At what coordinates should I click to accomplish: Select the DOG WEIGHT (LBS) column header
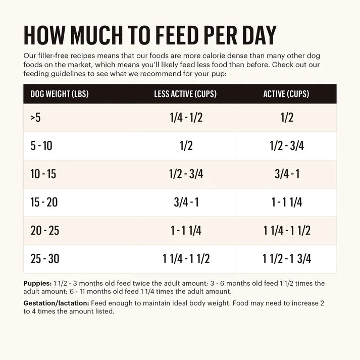[60, 94]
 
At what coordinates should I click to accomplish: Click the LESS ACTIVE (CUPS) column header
[186, 94]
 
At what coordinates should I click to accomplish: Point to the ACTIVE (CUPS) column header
[286, 94]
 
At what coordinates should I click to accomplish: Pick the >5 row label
[36, 118]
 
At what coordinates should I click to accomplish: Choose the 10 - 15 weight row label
[43, 174]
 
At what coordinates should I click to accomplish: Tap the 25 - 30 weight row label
[44, 259]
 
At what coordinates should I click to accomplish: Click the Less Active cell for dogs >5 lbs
[186, 118]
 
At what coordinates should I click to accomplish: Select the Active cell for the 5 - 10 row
[286, 146]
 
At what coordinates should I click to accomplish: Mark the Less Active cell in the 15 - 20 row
[186, 202]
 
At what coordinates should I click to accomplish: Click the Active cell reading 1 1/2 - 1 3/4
[286, 259]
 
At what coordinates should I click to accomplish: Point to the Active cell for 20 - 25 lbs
[286, 231]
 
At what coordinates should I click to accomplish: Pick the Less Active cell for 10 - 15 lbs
[186, 174]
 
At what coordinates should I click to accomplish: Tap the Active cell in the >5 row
[286, 118]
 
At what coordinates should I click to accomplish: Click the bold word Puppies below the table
[37, 284]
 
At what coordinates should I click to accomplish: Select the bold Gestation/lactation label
[56, 303]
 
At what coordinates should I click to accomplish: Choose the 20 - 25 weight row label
[44, 231]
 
